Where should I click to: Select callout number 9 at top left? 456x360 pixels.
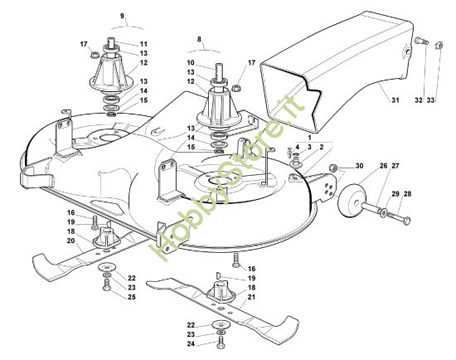point(122,17)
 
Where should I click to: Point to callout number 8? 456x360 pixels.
point(198,38)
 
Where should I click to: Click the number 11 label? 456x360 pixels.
point(143,43)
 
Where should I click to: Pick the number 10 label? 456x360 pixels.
point(191,62)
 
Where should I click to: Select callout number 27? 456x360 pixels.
point(395,167)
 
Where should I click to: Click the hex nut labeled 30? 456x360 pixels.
point(333,169)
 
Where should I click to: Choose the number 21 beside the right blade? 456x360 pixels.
point(252,296)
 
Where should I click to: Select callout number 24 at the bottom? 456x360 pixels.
point(192,343)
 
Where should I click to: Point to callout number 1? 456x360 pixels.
point(309,138)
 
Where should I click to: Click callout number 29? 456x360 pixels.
point(395,194)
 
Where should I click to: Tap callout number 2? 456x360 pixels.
point(321,147)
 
